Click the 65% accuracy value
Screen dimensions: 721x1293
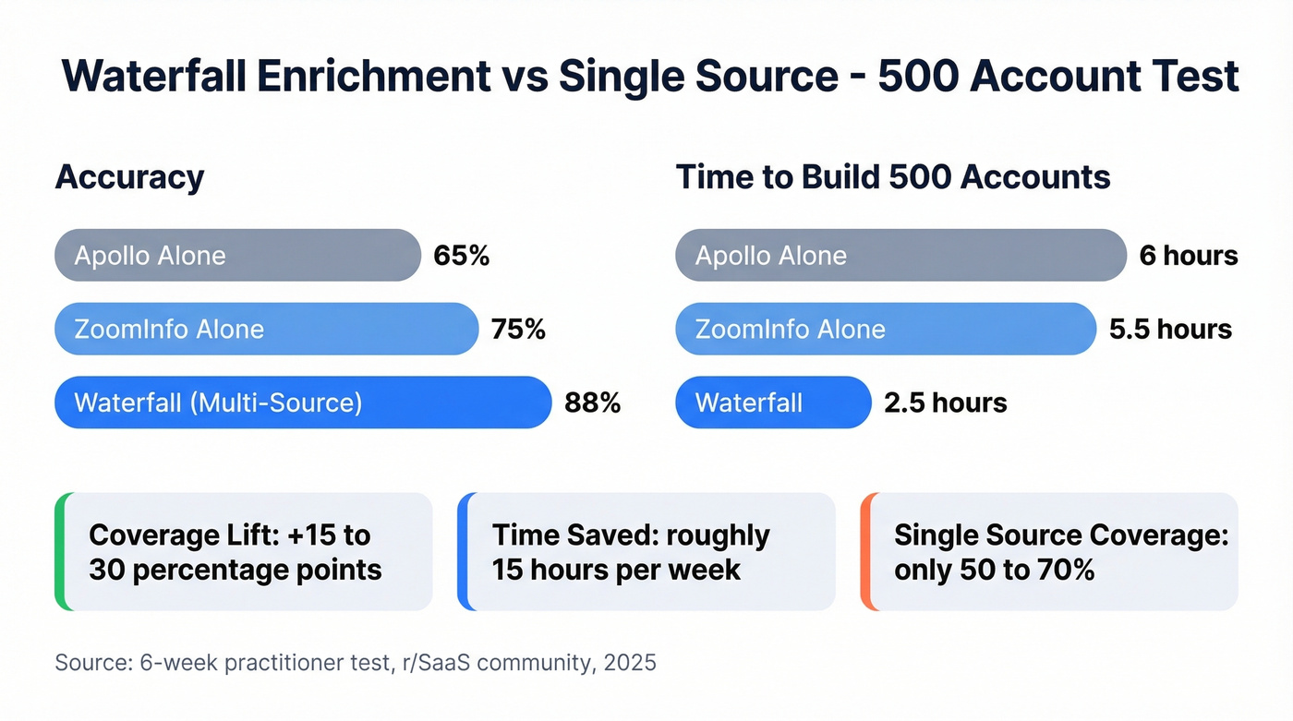pos(461,256)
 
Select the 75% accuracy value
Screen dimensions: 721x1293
pos(518,330)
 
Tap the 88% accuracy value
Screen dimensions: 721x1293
pos(591,403)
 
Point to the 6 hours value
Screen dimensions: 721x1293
pos(1188,256)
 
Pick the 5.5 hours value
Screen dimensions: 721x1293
pos(1170,330)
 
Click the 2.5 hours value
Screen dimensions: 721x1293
pos(945,403)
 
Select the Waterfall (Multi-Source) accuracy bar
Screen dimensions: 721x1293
pos(302,403)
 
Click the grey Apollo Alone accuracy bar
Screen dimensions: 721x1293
pos(237,256)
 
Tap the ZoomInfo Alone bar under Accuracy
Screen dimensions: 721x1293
pos(266,330)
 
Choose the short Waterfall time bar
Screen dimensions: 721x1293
pos(773,403)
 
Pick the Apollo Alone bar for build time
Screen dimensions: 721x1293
pos(900,256)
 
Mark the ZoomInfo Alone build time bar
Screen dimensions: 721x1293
pos(884,330)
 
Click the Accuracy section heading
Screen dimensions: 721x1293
pos(129,176)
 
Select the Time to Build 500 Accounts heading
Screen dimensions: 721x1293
pos(892,176)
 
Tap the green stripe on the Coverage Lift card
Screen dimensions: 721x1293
pos(60,552)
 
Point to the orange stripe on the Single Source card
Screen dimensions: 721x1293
pos(865,552)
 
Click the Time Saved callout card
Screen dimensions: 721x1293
pos(646,552)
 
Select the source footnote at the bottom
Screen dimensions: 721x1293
pos(356,663)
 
